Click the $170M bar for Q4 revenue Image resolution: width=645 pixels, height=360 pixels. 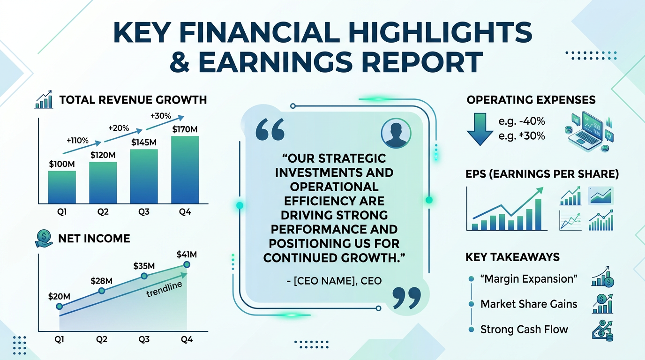[x=185, y=169]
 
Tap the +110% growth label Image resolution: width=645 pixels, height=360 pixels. [x=77, y=140]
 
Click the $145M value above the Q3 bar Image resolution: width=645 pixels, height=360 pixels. [x=144, y=142]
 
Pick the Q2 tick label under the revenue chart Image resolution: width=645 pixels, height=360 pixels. [x=103, y=212]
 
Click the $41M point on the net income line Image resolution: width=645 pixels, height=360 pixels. [x=187, y=265]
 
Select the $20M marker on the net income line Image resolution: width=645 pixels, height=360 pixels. [x=59, y=306]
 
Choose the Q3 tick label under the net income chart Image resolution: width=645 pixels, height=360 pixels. [x=144, y=339]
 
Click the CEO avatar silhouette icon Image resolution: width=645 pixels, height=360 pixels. [x=396, y=133]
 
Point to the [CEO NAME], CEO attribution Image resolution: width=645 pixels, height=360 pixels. [x=334, y=281]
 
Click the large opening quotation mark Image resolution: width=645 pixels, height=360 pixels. [x=270, y=129]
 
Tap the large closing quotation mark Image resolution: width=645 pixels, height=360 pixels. [x=406, y=299]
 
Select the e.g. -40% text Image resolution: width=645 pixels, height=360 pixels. [x=522, y=121]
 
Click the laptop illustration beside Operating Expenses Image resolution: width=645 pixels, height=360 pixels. [x=586, y=131]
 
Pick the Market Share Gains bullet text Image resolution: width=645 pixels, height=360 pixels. [x=529, y=304]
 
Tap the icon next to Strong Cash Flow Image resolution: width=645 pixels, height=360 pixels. [x=602, y=330]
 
